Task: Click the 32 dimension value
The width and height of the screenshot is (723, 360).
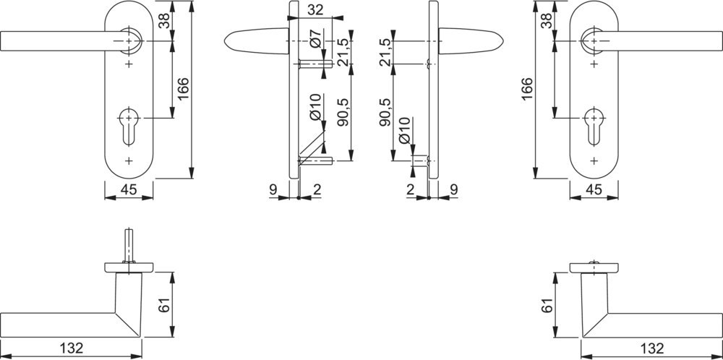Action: [x=315, y=9]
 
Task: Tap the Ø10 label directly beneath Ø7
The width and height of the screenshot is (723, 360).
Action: [x=316, y=107]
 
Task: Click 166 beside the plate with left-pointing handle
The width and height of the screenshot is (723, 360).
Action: [x=183, y=90]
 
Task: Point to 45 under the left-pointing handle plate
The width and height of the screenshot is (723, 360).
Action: [x=128, y=190]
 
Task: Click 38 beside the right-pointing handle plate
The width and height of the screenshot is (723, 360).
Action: [x=547, y=21]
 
